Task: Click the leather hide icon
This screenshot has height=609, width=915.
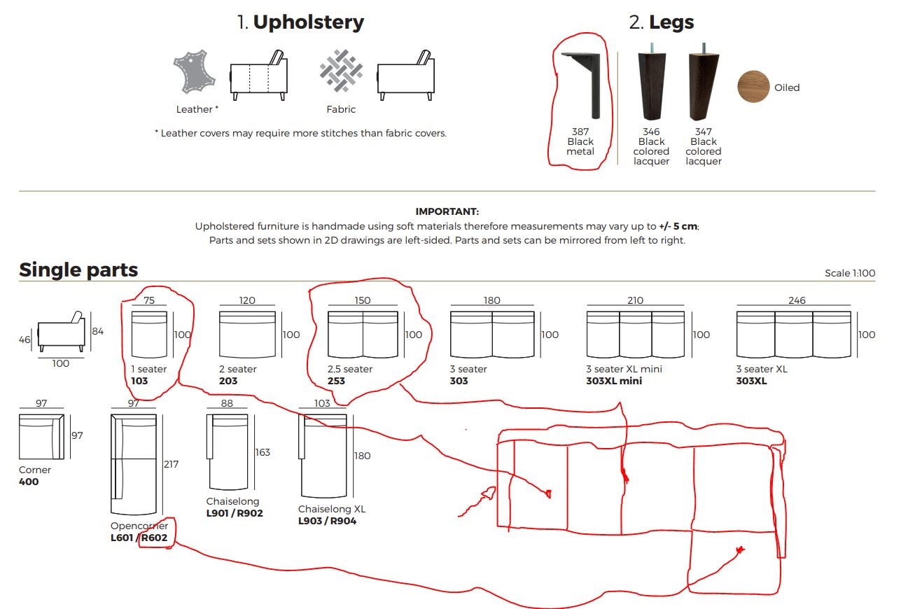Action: point(194,72)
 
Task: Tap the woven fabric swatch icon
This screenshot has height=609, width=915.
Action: point(341,71)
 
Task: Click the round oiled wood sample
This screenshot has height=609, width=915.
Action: point(754,87)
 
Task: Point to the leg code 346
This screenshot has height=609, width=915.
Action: point(651,132)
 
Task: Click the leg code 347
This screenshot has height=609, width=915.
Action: point(704,132)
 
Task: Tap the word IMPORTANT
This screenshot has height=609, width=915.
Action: point(447,211)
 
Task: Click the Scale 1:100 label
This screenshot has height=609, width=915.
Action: point(850,273)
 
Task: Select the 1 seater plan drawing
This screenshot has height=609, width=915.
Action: point(149,335)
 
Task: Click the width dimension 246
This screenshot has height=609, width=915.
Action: point(797,300)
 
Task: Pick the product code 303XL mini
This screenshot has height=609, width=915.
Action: point(614,381)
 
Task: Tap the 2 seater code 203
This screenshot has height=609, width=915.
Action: point(228,381)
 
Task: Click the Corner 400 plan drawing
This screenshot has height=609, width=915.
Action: point(42,437)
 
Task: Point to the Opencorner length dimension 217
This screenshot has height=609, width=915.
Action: point(171,464)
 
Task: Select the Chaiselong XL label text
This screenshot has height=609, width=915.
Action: point(332,509)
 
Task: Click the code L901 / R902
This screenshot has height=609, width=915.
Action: point(235,513)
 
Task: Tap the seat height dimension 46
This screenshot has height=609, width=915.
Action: point(24,339)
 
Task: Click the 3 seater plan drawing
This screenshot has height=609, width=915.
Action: point(492,335)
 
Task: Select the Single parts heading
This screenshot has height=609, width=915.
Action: point(78,270)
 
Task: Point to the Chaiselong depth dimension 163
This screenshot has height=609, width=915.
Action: point(263,452)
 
